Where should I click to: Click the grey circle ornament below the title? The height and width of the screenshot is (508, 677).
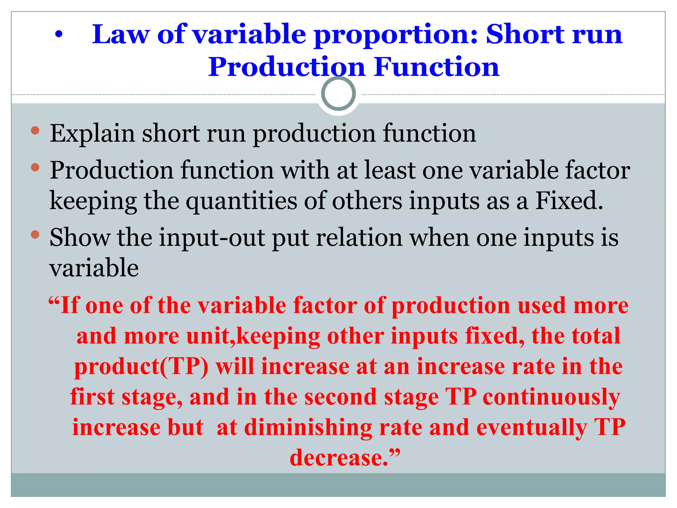338,94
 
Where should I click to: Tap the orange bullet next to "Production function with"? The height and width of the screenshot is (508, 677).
35,167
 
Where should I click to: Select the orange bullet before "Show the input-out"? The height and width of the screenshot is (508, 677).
35,235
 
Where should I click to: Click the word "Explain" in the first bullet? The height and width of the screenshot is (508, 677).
92,133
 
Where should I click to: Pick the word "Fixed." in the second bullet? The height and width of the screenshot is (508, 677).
569,200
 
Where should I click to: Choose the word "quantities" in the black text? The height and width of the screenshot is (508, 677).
241,201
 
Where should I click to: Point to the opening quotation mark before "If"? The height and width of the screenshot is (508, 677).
54,302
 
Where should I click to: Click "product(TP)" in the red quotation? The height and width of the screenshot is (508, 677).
141,367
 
